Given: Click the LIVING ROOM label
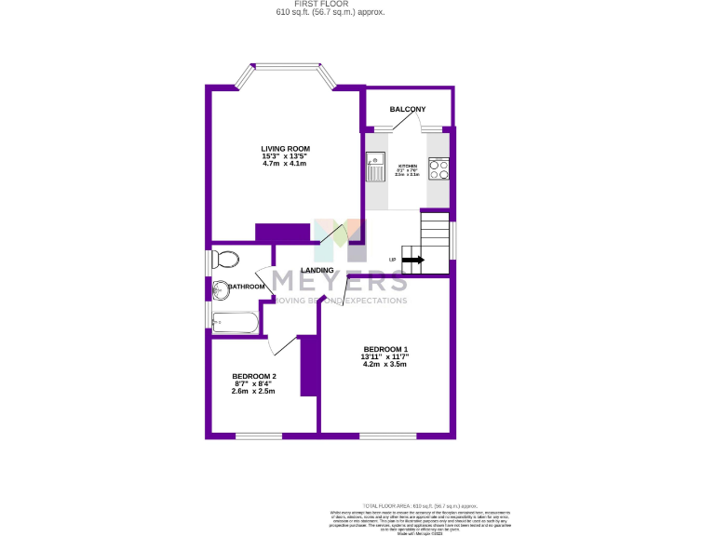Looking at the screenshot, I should click(285, 148).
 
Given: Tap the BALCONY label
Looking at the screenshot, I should click(408, 110).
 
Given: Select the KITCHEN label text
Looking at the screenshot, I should click(406, 166).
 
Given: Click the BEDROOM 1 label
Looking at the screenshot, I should click(385, 349).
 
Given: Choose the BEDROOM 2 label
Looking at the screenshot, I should click(254, 376).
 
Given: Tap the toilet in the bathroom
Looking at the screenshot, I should click(225, 258).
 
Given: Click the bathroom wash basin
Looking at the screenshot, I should click(221, 290).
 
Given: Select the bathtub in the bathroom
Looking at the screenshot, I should click(235, 324).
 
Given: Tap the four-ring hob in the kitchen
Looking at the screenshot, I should click(438, 168).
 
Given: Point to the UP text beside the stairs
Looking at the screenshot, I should click(393, 261).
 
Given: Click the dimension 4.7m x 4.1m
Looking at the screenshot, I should click(285, 164).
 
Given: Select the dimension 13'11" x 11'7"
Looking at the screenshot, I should click(385, 356).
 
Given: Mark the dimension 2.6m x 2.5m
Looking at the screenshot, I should click(254, 392).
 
